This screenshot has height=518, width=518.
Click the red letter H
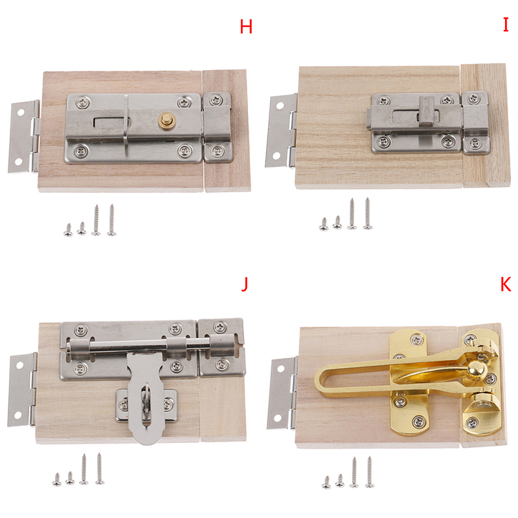(246, 27)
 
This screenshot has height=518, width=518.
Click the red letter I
(506, 25)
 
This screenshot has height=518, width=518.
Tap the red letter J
(245, 284)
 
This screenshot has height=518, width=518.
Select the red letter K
(506, 284)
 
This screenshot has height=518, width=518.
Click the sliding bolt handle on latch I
(427, 111)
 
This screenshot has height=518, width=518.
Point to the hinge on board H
(24, 137)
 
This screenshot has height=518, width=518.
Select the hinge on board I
(281, 131)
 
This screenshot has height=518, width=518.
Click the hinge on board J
(23, 390)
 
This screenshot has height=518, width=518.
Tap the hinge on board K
(282, 393)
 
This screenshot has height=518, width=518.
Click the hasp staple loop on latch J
(145, 401)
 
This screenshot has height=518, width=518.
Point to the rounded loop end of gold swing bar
(321, 380)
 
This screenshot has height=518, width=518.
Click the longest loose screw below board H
(111, 220)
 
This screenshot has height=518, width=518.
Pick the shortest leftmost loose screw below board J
(57, 479)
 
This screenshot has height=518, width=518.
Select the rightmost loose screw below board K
(370, 472)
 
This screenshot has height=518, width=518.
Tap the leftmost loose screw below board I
(324, 224)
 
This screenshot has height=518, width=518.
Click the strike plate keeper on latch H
(218, 127)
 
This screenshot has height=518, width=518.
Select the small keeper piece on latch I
(475, 123)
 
